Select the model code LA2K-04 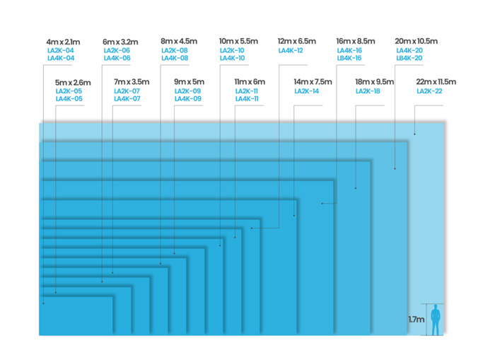[60, 50]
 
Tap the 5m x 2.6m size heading [73, 83]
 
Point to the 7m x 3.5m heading [132, 83]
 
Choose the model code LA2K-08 [175, 50]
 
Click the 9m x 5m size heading [190, 83]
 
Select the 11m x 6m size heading [250, 83]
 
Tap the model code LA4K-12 [291, 50]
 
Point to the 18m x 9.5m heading [375, 83]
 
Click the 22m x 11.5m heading [437, 83]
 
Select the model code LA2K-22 [429, 91]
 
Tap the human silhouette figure [436, 319]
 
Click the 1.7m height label [416, 320]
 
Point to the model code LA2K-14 [306, 91]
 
